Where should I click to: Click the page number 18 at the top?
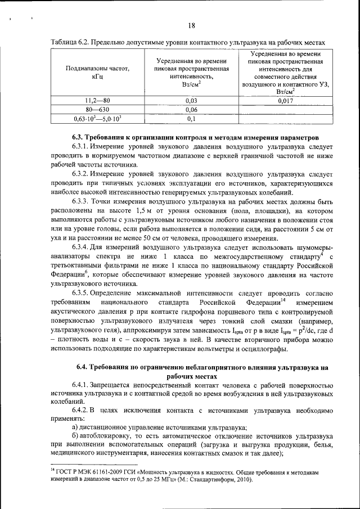click(191, 25)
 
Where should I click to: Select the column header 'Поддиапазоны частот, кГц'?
click(97, 73)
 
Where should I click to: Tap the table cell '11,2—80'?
click(97, 101)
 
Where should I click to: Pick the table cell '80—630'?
click(97, 110)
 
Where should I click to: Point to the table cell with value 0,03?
click(191, 101)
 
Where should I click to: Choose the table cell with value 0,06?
click(191, 110)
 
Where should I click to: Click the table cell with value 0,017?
click(286, 101)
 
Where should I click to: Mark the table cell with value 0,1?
click(191, 119)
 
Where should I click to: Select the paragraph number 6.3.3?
click(82, 201)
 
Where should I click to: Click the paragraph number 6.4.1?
click(82, 385)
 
